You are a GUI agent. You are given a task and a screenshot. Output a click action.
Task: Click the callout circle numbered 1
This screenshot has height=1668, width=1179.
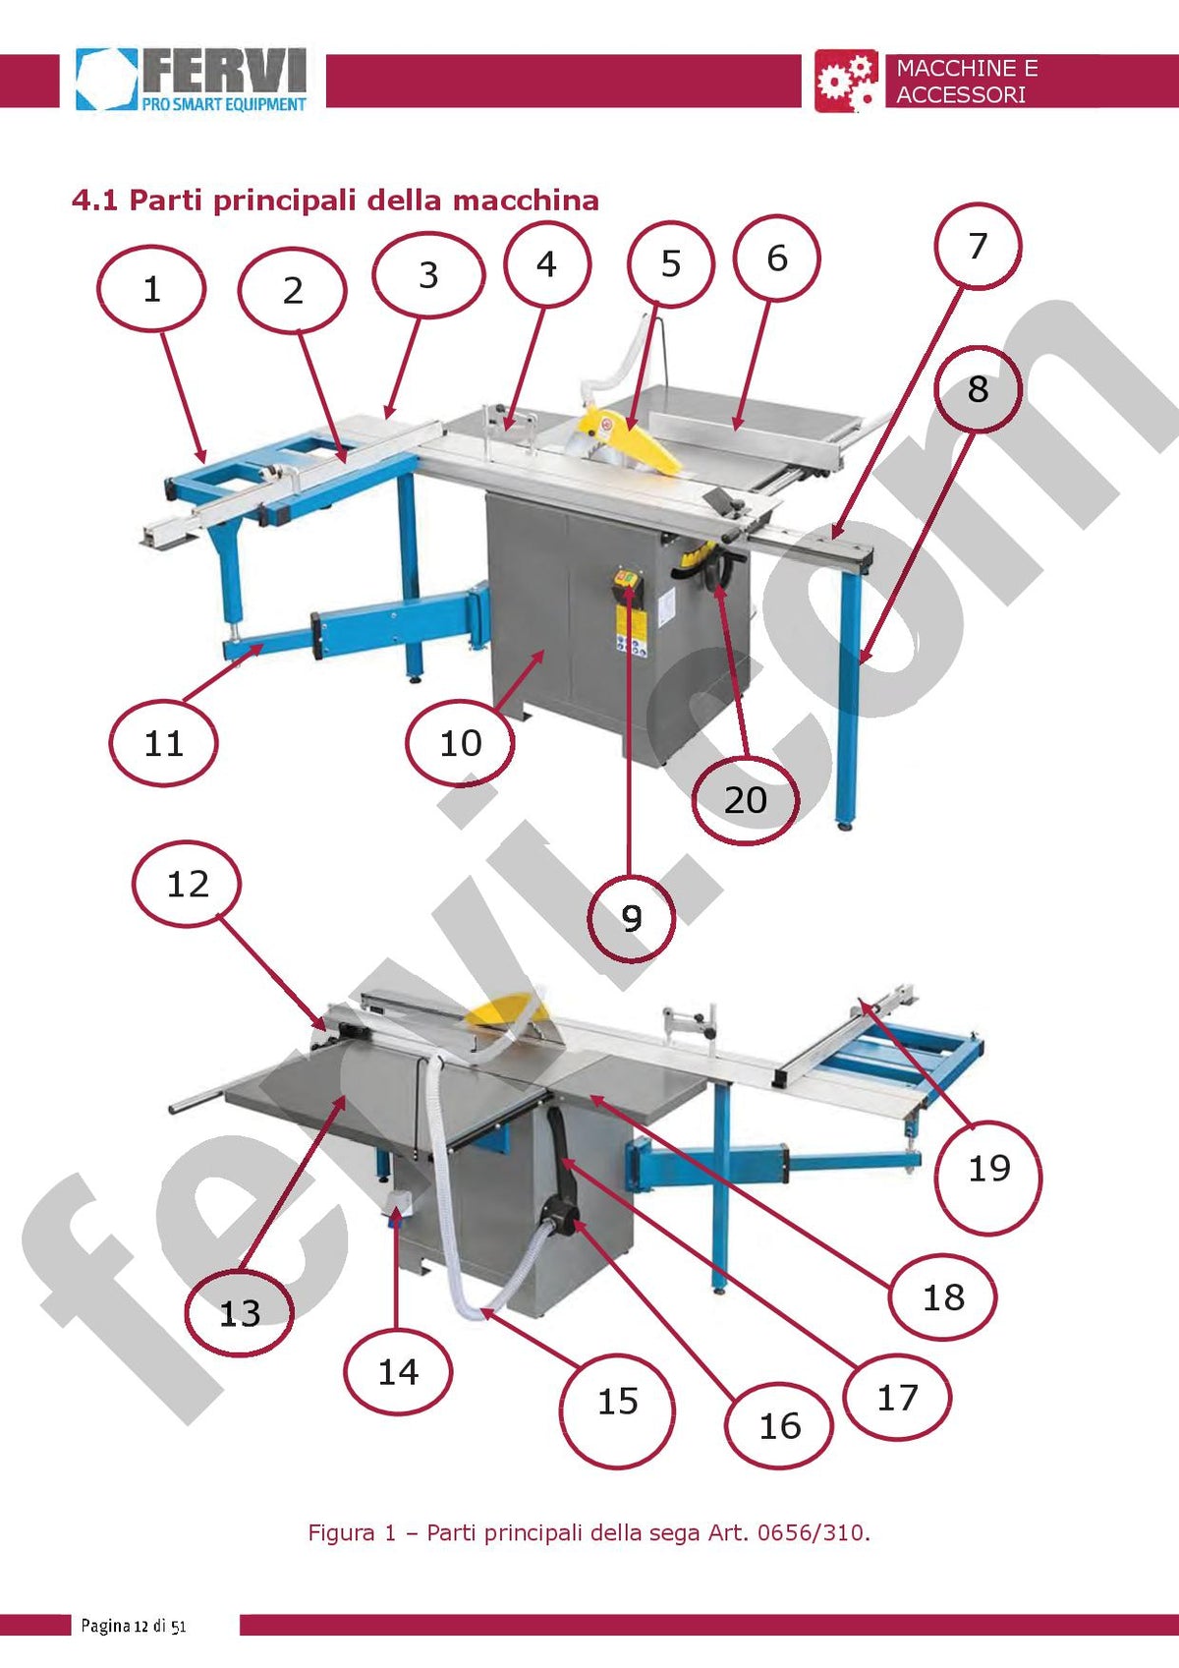point(151,288)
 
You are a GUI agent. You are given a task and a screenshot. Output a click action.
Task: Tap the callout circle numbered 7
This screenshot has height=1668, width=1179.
point(978,246)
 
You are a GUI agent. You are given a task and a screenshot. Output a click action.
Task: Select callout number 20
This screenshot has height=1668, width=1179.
point(745,800)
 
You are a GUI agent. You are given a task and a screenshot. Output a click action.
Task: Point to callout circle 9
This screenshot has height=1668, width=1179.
point(631,918)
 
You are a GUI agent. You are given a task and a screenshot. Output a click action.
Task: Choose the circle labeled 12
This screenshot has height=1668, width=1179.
point(188,884)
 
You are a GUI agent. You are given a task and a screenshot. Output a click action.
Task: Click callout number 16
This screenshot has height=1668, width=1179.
point(779,1426)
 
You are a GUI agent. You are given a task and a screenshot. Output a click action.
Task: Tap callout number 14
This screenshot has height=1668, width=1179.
point(398,1371)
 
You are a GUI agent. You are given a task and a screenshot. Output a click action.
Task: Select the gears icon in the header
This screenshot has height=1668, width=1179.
point(846,81)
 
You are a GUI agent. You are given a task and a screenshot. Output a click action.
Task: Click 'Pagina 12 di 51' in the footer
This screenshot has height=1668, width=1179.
point(134,1626)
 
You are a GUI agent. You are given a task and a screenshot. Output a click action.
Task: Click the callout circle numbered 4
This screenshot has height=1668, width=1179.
point(547,263)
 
